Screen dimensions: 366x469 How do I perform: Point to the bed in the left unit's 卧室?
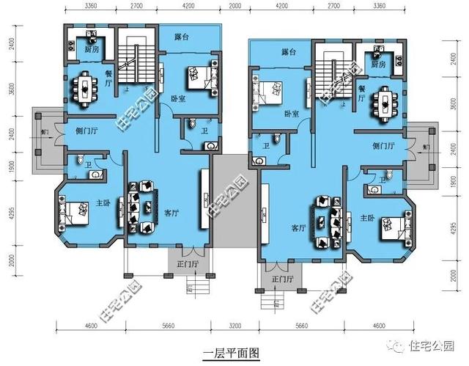point(196,75)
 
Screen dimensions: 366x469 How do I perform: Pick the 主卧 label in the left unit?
point(103,203)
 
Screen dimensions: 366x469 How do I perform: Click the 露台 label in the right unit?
point(289,53)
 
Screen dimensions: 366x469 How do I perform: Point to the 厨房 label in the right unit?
point(378,65)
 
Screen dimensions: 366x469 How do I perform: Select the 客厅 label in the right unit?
point(299,228)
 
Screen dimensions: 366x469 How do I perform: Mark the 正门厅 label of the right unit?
point(281,279)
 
